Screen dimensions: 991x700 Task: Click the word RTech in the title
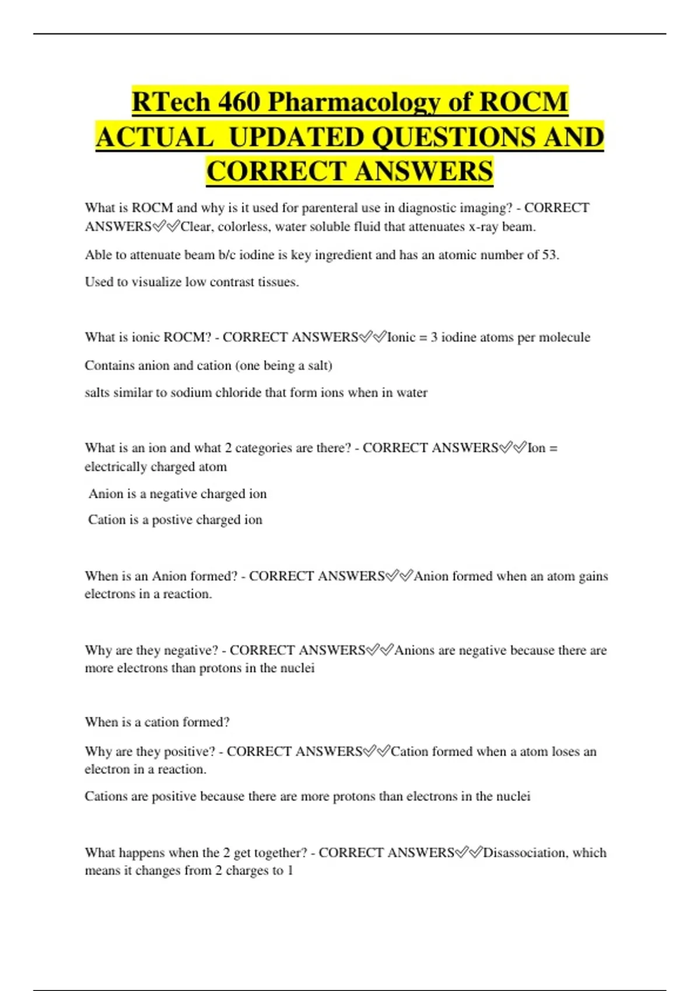point(171,102)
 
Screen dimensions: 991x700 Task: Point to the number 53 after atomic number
point(549,255)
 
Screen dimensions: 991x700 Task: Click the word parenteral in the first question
point(328,208)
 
